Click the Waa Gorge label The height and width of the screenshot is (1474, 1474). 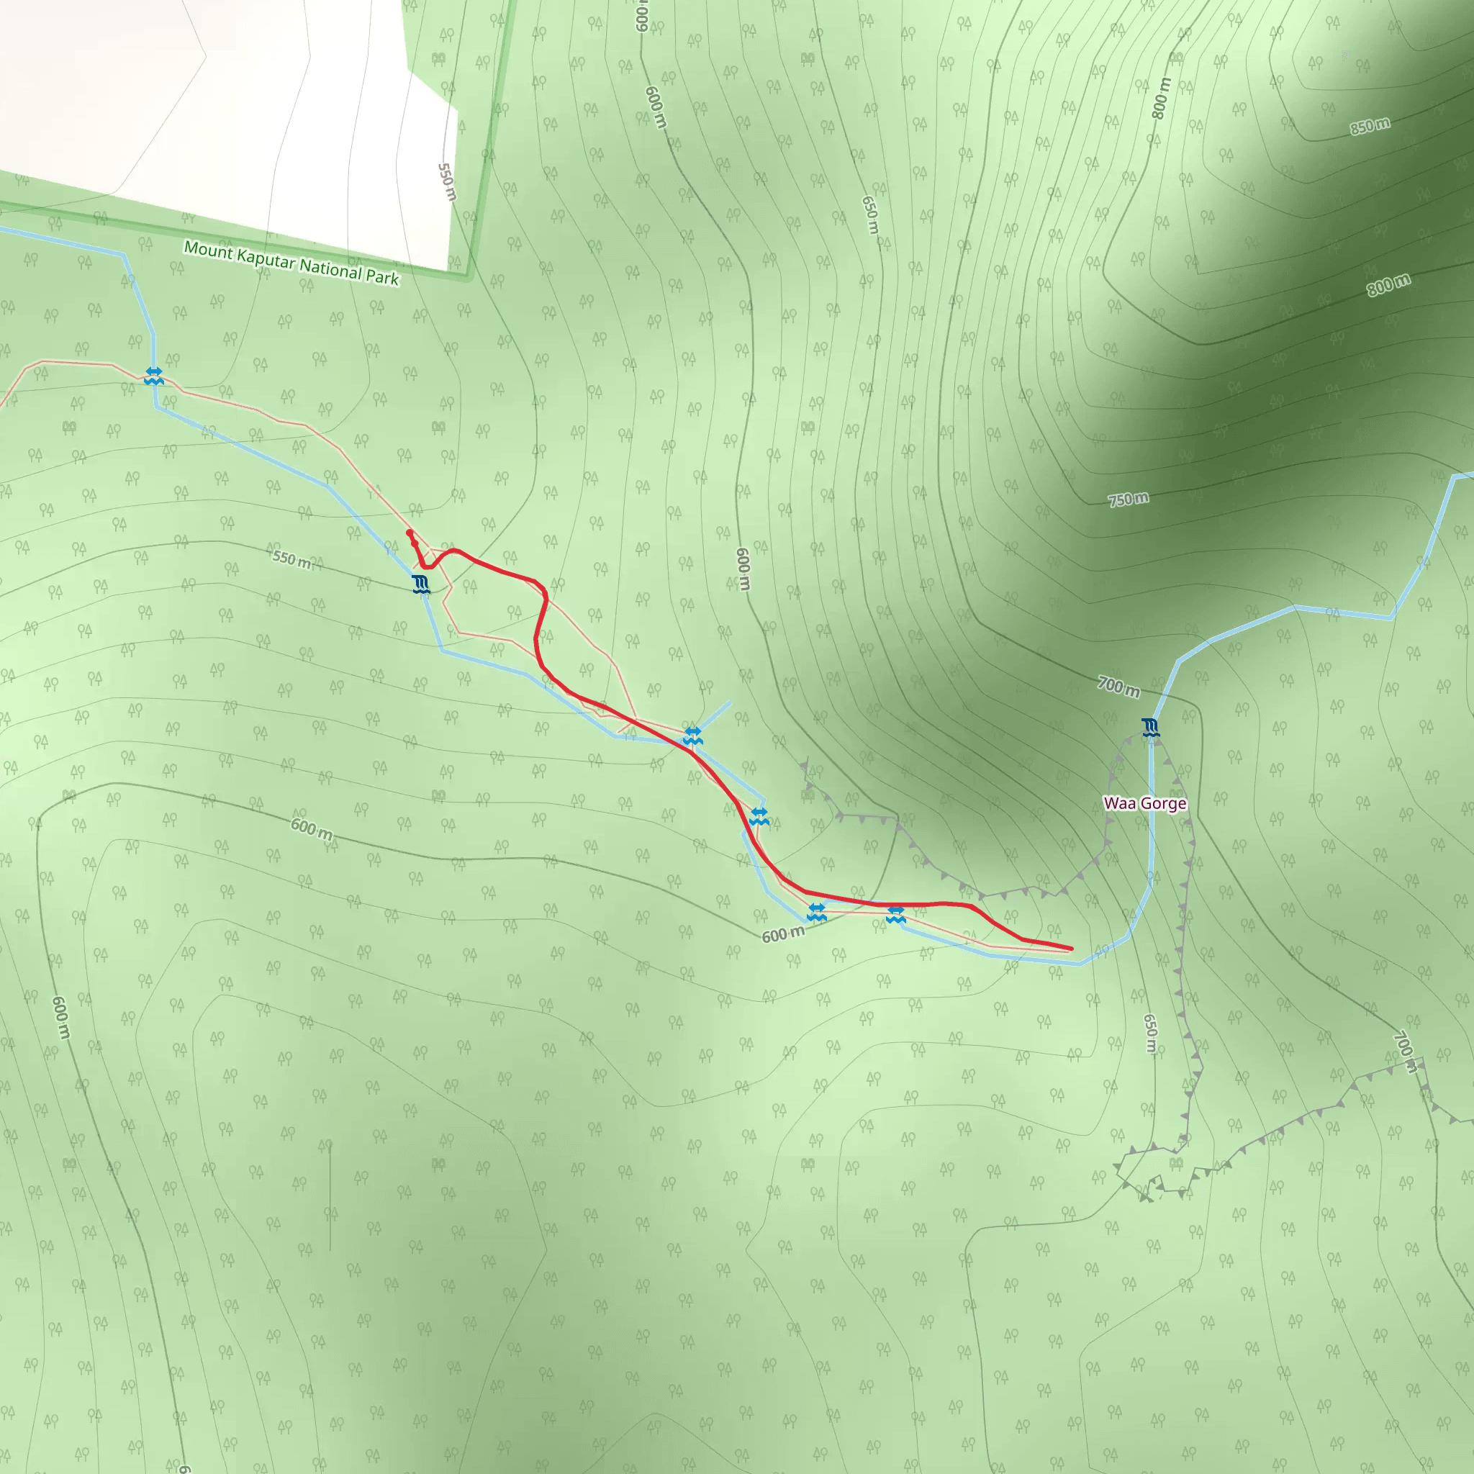(1144, 803)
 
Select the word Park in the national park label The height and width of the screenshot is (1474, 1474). (381, 276)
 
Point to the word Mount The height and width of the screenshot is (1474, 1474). (207, 250)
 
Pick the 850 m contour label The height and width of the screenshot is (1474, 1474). (1370, 126)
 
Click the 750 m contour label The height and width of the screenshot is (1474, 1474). (1128, 499)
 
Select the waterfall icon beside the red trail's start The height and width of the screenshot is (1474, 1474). (420, 584)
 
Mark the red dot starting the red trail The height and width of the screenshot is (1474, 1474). (410, 533)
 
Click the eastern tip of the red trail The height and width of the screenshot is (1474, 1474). (1071, 949)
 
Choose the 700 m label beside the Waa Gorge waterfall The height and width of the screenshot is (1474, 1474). (1118, 687)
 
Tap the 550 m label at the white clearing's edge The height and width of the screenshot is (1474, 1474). (447, 182)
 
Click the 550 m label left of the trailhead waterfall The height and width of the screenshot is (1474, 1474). (292, 559)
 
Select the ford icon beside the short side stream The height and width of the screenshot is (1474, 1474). (692, 736)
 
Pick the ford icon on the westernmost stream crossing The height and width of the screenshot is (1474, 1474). (154, 376)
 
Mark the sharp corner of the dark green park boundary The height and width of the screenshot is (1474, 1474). (468, 276)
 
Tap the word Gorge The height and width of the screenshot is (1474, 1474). (1164, 803)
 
